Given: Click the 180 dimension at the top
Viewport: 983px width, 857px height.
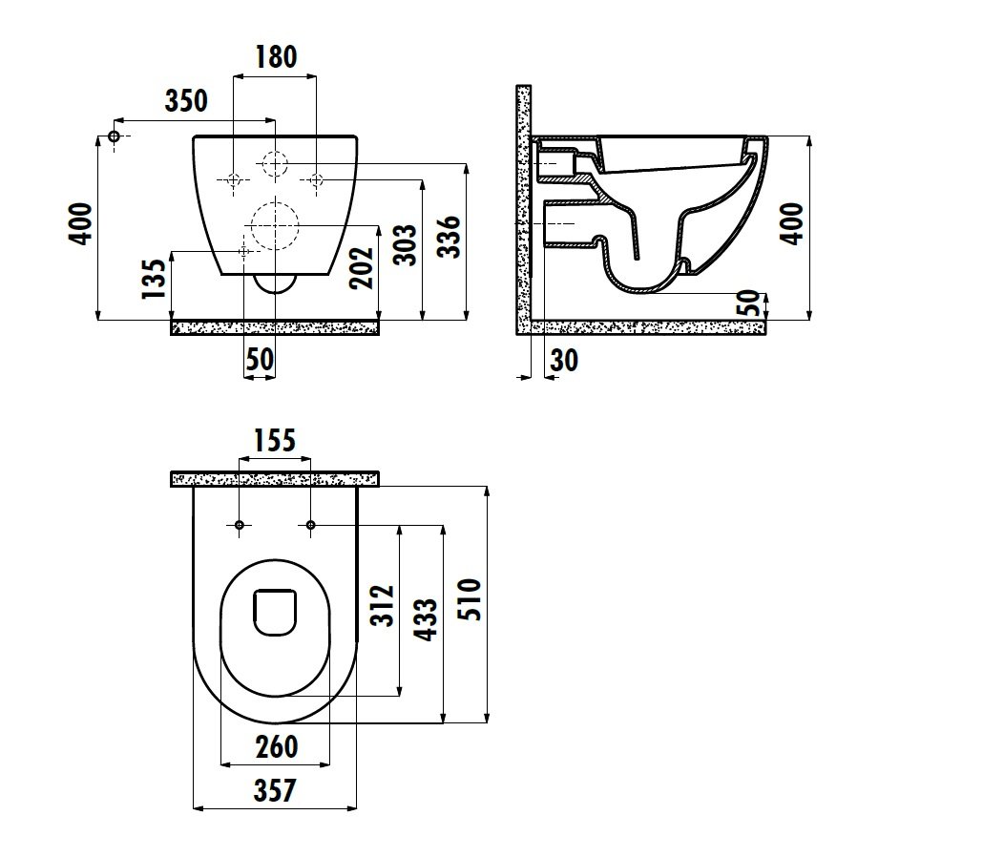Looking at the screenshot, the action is point(276,57).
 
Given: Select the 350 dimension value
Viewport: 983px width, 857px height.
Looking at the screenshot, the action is point(186,100).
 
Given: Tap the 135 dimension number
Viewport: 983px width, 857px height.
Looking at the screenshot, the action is point(154,279).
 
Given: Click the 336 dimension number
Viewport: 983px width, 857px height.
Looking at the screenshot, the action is point(449,237).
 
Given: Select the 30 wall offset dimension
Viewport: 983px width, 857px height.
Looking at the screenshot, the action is point(564,361).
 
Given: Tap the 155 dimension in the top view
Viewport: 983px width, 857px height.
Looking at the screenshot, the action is point(275,441).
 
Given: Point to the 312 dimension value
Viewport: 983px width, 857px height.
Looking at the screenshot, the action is point(383,606).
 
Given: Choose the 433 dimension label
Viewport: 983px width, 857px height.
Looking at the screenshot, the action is point(427,619).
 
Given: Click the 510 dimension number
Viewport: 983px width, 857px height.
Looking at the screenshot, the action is point(471,600).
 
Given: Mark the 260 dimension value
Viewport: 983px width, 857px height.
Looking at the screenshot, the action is point(276,746).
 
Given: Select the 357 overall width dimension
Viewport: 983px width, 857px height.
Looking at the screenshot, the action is point(275,790).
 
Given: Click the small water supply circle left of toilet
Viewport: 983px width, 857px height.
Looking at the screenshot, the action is point(115,136).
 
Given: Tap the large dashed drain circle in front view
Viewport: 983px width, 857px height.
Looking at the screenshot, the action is point(275,225).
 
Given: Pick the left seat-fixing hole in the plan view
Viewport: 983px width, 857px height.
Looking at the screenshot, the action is point(240,525).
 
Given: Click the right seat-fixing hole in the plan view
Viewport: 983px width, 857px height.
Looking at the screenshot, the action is point(310,525).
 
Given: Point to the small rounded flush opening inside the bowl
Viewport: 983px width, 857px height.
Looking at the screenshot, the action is point(275,613).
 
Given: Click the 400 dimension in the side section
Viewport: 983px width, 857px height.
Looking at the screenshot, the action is point(793,224).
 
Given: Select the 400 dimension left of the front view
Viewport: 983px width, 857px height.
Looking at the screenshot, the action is point(82,224).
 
